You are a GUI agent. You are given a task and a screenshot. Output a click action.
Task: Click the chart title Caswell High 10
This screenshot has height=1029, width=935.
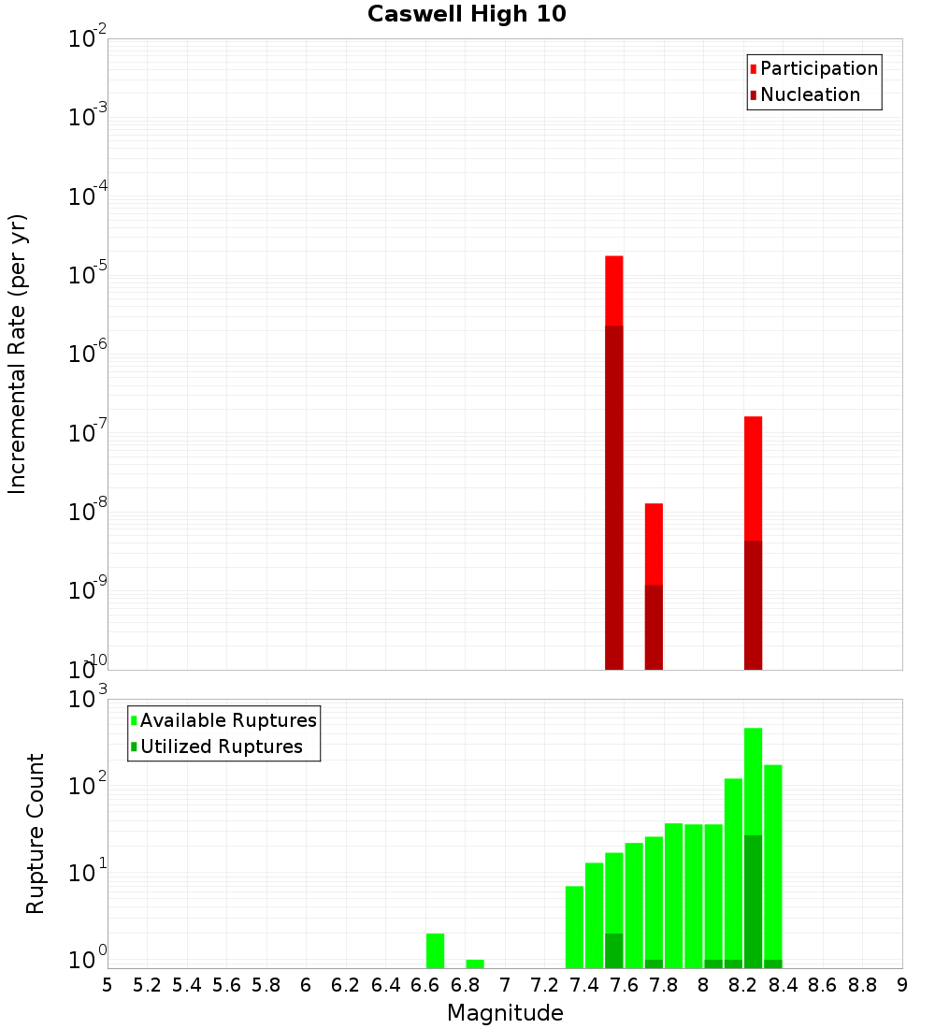(467, 14)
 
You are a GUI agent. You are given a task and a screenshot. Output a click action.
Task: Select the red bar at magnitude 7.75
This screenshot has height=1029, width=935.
(654, 543)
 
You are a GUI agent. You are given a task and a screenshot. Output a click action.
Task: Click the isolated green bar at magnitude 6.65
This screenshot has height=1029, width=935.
(435, 950)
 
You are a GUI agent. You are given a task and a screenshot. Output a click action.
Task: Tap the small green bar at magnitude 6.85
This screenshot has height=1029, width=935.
(475, 964)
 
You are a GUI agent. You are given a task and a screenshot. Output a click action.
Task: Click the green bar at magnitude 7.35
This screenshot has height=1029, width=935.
(574, 926)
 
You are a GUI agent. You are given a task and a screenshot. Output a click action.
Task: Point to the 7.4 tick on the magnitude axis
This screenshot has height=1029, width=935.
(584, 984)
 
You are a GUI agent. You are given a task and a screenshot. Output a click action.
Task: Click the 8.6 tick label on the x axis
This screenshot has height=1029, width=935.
(823, 984)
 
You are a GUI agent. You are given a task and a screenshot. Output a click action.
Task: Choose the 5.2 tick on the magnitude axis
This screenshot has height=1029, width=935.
(147, 984)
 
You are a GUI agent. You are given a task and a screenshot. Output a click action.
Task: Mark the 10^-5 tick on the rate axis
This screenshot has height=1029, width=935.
(88, 275)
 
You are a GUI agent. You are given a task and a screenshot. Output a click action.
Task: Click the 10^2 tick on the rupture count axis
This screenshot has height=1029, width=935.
(88, 785)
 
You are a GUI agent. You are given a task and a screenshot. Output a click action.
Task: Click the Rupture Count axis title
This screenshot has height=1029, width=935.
(36, 833)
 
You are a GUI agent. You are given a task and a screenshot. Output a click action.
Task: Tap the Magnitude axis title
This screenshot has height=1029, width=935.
(505, 1012)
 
